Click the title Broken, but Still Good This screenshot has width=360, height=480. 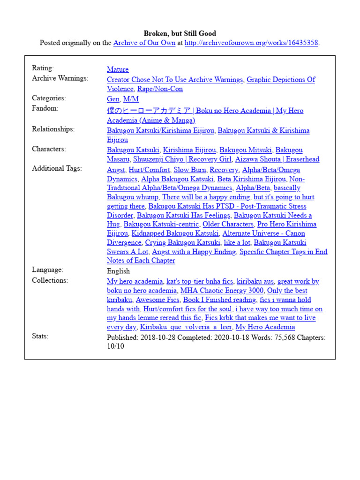[x=180, y=33]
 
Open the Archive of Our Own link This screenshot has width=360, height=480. [x=144, y=43]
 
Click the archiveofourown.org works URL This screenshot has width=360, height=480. [x=251, y=43]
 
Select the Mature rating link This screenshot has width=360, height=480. [x=118, y=69]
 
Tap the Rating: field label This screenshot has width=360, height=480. [x=43, y=68]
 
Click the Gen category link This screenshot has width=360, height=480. [x=113, y=99]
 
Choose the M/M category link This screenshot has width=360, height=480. [x=131, y=99]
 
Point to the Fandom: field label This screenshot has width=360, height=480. [x=45, y=108]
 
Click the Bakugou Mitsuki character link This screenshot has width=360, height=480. [x=246, y=150]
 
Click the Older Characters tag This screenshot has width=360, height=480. [x=228, y=224]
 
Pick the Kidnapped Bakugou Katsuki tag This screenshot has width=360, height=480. [x=175, y=233]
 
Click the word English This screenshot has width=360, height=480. [x=118, y=271]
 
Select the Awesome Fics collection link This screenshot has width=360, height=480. [x=157, y=300]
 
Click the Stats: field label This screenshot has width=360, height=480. [x=40, y=336]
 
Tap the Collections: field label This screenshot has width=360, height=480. [x=50, y=280]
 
